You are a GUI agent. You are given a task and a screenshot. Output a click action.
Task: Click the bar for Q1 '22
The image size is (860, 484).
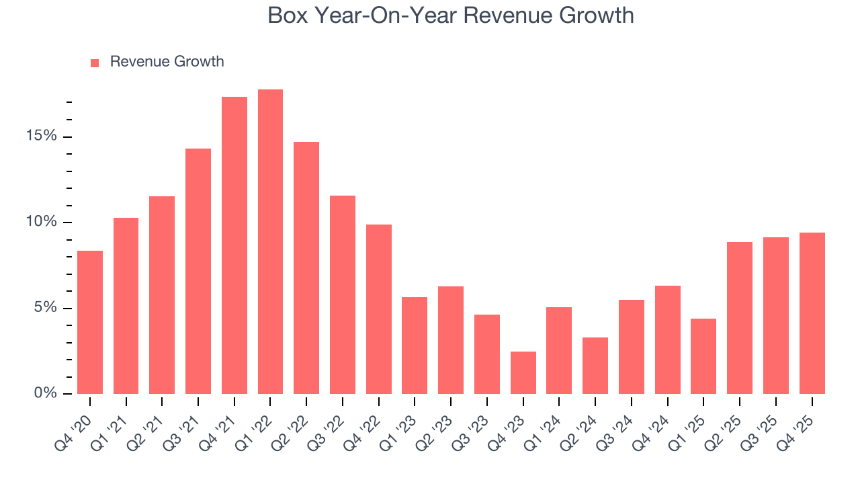pyautogui.click(x=270, y=242)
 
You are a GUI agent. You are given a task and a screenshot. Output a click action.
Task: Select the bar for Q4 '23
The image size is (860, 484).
pyautogui.click(x=523, y=372)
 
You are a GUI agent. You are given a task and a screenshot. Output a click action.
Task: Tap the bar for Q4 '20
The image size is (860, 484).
pyautogui.click(x=90, y=323)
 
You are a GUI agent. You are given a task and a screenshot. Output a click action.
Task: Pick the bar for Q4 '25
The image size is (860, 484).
pyautogui.click(x=812, y=313)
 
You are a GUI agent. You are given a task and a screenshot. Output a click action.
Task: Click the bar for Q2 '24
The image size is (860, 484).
pyautogui.click(x=595, y=366)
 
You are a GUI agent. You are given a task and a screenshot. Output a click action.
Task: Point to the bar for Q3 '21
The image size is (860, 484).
pyautogui.click(x=198, y=272)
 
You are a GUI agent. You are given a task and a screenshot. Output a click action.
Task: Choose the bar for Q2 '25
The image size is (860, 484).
pyautogui.click(x=740, y=318)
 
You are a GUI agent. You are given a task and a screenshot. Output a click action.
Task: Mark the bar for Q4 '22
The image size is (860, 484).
pyautogui.click(x=379, y=309)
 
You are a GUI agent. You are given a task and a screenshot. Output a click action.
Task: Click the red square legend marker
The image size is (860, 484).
pyautogui.click(x=95, y=63)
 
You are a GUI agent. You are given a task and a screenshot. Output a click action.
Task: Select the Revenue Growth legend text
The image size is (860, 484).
pyautogui.click(x=167, y=62)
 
